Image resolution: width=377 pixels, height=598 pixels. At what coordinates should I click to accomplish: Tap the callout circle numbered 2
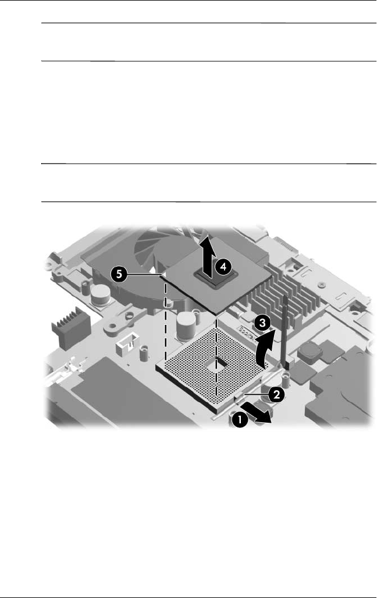click(276, 394)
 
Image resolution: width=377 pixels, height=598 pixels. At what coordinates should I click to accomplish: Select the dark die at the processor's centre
click(206, 271)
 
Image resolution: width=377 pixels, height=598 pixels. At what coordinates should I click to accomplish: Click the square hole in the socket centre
click(219, 366)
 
